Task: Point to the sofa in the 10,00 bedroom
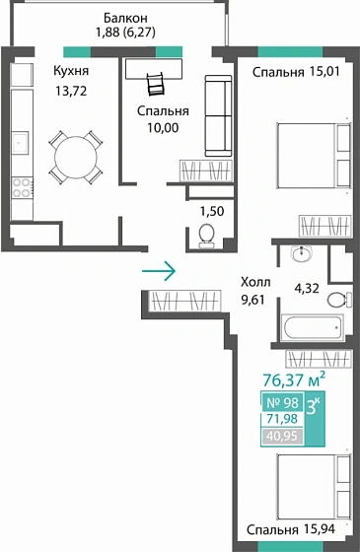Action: point(216,116)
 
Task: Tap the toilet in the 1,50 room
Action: point(206,234)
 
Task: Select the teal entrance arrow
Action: point(159,269)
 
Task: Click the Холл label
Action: point(257,280)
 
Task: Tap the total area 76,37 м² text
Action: point(294,379)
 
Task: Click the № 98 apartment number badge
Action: point(283,402)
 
